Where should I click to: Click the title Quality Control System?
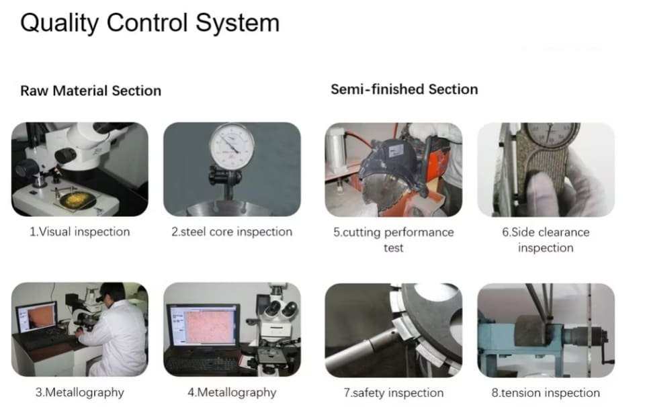(150, 23)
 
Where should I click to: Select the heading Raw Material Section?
(91, 91)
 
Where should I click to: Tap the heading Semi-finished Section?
(404, 89)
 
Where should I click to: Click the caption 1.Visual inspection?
(80, 232)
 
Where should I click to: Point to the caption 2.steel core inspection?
(232, 232)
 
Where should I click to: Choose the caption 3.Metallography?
(80, 392)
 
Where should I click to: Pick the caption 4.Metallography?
(232, 392)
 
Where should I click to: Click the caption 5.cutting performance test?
(394, 240)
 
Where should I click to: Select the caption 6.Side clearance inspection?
(546, 240)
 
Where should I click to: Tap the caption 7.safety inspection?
(394, 393)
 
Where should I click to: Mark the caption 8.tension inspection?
(546, 393)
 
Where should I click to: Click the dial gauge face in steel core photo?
(232, 146)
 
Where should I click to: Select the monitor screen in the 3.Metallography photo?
(36, 318)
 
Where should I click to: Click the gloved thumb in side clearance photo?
(544, 193)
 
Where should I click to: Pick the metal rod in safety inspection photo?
(362, 349)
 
